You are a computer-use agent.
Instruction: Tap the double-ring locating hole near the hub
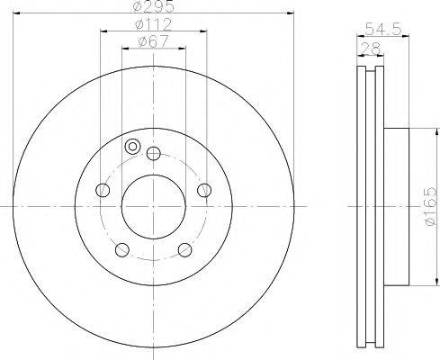(133, 147)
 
